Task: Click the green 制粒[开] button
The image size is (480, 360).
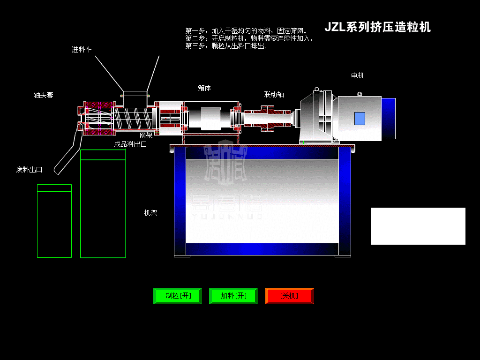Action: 178,296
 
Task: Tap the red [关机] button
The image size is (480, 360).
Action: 289,296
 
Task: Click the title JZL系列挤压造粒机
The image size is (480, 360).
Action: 377,27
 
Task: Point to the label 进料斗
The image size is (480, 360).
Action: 82,49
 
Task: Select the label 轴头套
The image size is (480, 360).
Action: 43,95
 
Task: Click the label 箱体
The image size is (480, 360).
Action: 204,88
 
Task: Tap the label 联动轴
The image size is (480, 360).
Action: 274,94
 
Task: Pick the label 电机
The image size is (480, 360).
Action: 358,75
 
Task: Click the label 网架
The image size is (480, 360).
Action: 146,135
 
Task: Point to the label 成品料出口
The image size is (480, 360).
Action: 130,144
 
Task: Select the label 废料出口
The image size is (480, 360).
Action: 29,170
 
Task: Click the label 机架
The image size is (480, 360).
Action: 150,213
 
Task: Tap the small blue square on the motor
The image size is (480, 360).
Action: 360,119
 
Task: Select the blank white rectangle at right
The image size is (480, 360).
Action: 418,226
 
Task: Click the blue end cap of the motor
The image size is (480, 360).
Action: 388,118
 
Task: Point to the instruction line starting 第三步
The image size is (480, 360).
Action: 226,46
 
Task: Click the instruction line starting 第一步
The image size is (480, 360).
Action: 246,31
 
